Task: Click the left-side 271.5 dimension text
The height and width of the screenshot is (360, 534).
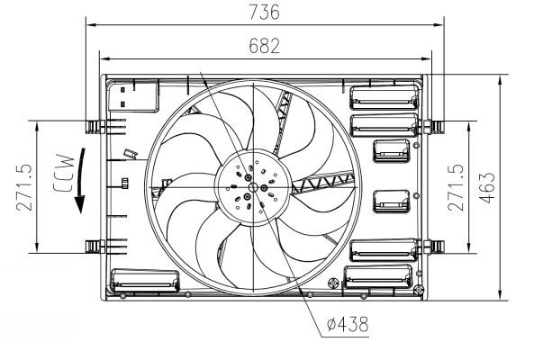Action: point(24,186)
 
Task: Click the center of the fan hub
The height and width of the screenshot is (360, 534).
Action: point(250,188)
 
